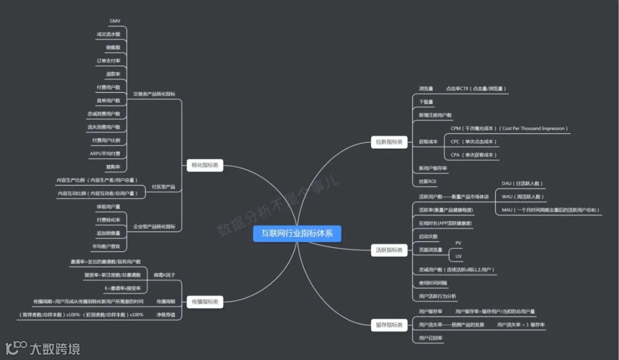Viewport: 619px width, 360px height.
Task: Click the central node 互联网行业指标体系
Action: pyautogui.click(x=297, y=234)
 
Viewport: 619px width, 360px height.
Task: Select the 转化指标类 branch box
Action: pyautogui.click(x=205, y=166)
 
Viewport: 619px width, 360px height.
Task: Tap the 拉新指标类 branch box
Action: pyautogui.click(x=389, y=142)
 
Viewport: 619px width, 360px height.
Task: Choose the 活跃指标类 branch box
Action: pyautogui.click(x=389, y=250)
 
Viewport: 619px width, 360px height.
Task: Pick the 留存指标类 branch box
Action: pyautogui.click(x=389, y=325)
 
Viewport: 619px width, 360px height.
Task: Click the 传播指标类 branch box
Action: pyautogui.click(x=205, y=301)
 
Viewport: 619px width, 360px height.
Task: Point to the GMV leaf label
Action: pyautogui.click(x=115, y=21)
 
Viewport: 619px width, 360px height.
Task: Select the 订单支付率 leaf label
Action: pyautogui.click(x=108, y=61)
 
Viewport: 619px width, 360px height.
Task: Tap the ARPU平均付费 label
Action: pyautogui.click(x=105, y=154)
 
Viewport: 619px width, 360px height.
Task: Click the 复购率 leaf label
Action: pyautogui.click(x=113, y=167)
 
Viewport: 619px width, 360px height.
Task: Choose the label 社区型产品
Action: pyautogui.click(x=163, y=187)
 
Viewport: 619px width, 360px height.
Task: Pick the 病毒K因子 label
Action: pyautogui.click(x=164, y=276)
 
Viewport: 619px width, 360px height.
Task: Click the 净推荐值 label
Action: pyautogui.click(x=166, y=315)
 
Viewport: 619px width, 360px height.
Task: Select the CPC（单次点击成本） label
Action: pyautogui.click(x=474, y=142)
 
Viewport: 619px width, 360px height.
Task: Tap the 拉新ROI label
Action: pyautogui.click(x=428, y=182)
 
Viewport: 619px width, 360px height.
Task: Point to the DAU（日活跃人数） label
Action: pyautogui.click(x=522, y=183)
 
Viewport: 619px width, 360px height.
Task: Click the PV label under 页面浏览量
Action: pyautogui.click(x=458, y=243)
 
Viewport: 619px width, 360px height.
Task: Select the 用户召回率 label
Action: pyautogui.click(x=431, y=338)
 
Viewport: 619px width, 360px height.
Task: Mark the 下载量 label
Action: pyautogui.click(x=426, y=102)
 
